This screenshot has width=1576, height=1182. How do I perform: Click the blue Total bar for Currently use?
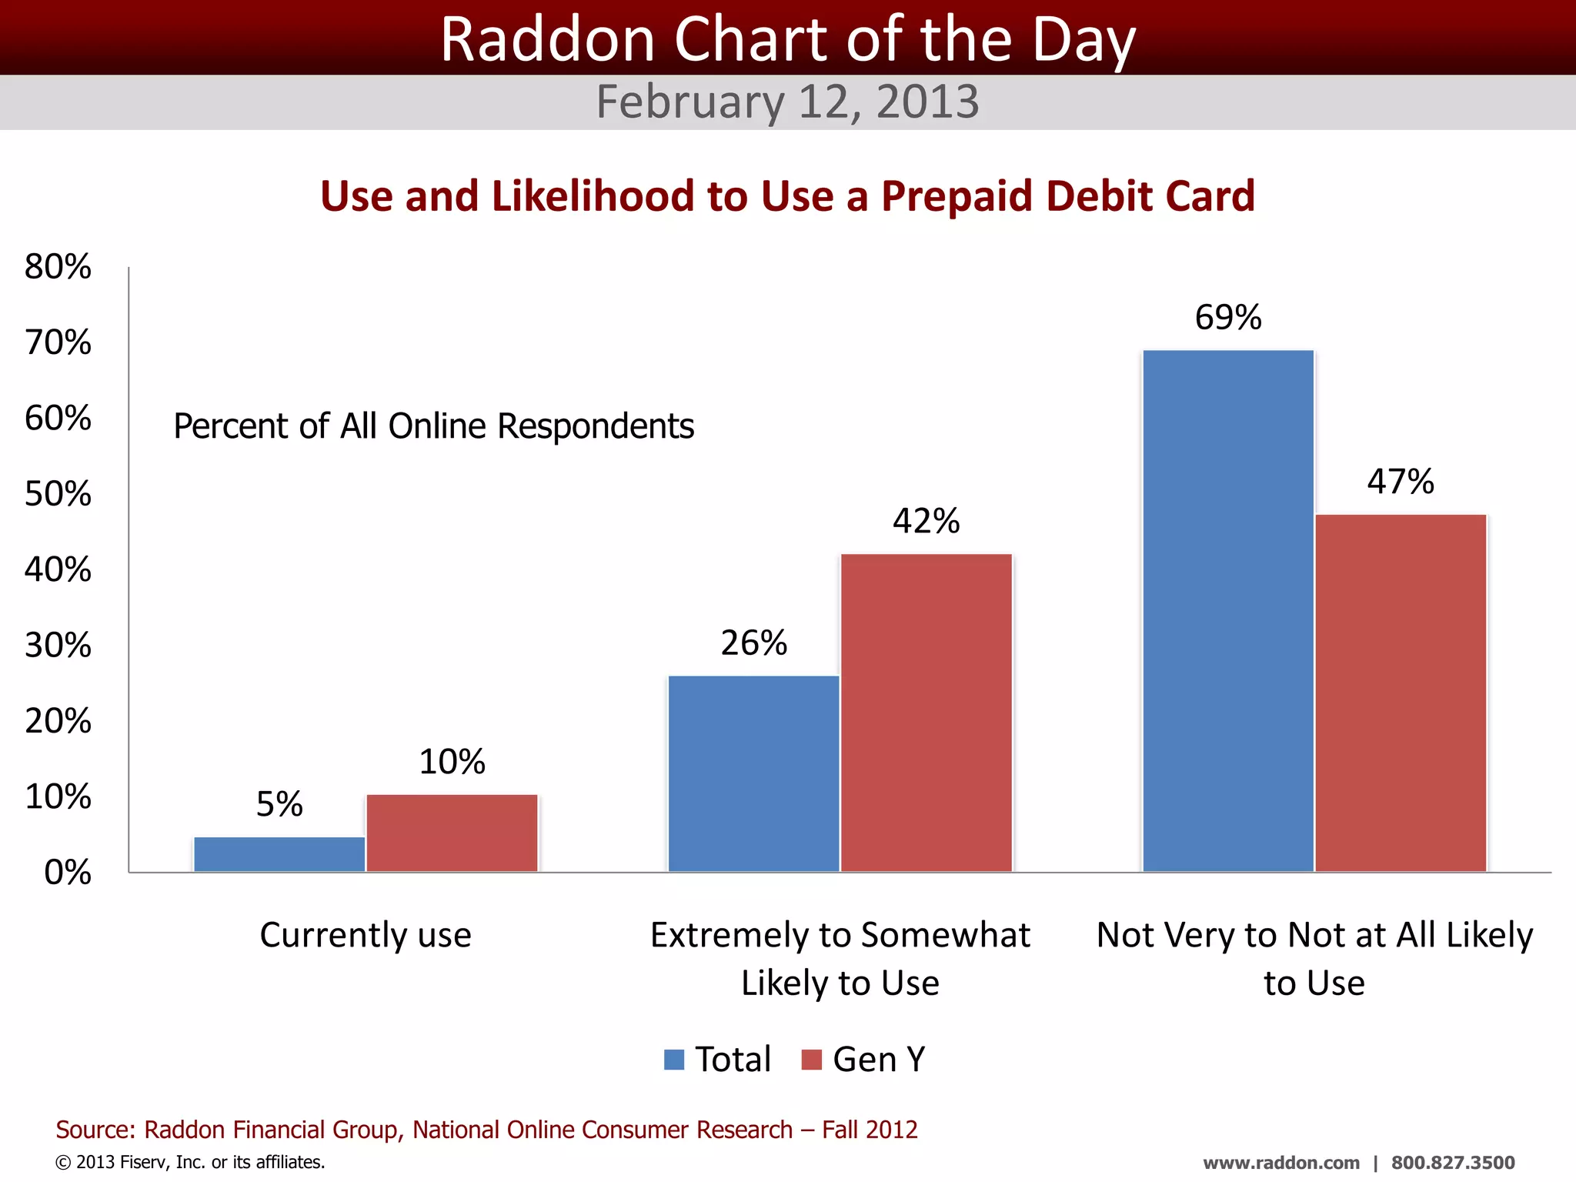point(279,854)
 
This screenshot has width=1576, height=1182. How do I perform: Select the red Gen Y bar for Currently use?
point(452,833)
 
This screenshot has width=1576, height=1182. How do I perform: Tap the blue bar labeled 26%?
point(753,773)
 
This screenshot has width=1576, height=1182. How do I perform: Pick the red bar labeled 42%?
point(926,713)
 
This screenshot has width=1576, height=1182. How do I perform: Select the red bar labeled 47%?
point(1401,693)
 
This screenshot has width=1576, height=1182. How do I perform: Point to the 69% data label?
point(1228,317)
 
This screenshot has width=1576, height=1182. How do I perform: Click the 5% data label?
point(279,804)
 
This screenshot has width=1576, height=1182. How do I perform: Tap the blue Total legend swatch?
point(674,1060)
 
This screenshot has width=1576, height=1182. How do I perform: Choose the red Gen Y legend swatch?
point(811,1060)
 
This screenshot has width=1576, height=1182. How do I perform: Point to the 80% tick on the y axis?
point(58,267)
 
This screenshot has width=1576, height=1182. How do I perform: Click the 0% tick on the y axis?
point(68,873)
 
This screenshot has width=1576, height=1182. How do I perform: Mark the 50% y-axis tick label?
point(58,494)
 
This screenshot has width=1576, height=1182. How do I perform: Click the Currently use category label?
point(366,935)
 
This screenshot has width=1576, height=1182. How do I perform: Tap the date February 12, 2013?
point(787,102)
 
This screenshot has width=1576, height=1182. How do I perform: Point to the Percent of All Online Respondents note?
point(433,426)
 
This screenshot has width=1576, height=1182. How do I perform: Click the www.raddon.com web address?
point(1280,1163)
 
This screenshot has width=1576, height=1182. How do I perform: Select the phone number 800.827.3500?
point(1453,1163)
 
